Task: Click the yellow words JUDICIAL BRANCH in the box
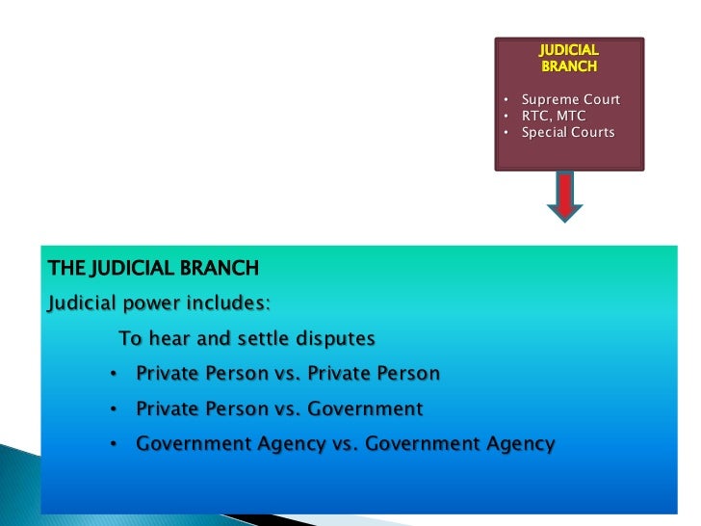pos(569,58)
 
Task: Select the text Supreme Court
pos(570,100)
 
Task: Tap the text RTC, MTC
pos(553,116)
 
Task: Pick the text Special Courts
pos(567,132)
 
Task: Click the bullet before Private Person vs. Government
pos(114,409)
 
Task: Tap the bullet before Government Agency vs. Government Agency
pos(114,444)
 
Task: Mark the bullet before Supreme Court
pos(507,100)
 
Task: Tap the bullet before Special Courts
pos(507,132)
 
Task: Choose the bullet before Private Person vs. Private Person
pos(114,374)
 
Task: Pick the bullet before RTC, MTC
pos(507,116)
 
